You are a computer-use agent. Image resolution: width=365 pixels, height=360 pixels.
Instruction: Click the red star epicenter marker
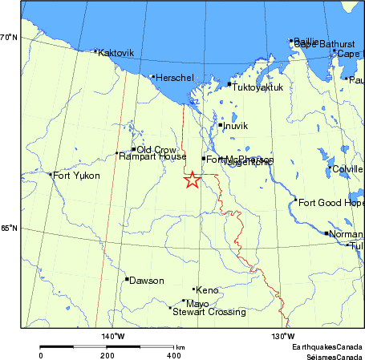[192, 180]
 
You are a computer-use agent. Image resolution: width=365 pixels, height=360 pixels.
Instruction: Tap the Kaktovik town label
[116, 53]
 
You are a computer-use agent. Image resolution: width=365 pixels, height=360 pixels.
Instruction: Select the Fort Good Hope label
[331, 202]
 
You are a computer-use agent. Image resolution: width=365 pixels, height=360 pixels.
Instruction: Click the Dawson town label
[147, 281]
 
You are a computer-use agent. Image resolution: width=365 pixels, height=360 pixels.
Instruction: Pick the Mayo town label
[197, 304]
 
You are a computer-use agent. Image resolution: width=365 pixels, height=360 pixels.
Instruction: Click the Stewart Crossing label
[209, 312]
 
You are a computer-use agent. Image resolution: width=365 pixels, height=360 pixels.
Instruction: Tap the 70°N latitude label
[9, 38]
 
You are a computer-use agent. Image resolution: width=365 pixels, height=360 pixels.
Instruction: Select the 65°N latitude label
[9, 229]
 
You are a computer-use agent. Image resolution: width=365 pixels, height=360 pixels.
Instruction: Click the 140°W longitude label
[112, 336]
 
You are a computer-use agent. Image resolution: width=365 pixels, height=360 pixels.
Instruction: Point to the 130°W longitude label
[282, 336]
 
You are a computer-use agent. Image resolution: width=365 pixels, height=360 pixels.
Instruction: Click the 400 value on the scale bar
[173, 354]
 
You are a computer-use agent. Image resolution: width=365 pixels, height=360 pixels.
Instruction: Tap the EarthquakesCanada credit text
[326, 346]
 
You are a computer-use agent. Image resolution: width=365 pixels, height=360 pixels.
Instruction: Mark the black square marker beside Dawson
[127, 279]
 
